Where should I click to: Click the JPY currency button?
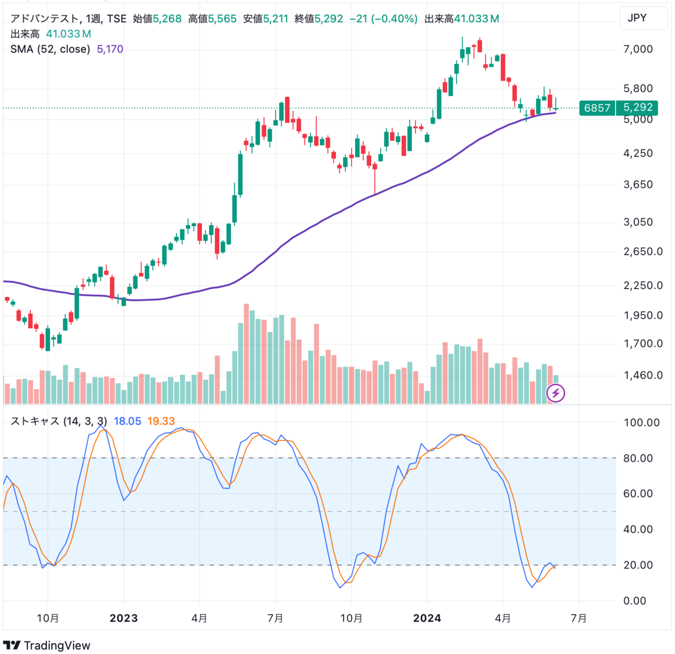click(x=637, y=18)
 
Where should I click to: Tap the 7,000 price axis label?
click(x=638, y=49)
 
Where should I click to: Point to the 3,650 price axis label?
click(x=638, y=184)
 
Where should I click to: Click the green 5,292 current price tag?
click(x=638, y=107)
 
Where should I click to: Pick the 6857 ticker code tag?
click(x=597, y=108)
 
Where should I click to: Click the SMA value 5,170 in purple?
click(x=110, y=49)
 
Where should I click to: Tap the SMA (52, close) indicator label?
click(x=50, y=49)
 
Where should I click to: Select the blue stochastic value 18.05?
click(x=127, y=421)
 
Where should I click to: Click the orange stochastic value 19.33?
click(x=161, y=421)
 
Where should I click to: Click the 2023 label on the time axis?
click(x=124, y=619)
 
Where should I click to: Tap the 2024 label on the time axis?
click(x=427, y=619)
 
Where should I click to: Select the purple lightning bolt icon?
click(x=556, y=393)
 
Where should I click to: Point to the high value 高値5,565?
click(x=212, y=19)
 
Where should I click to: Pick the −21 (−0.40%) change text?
click(x=383, y=19)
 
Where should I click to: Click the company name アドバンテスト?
click(x=44, y=19)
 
